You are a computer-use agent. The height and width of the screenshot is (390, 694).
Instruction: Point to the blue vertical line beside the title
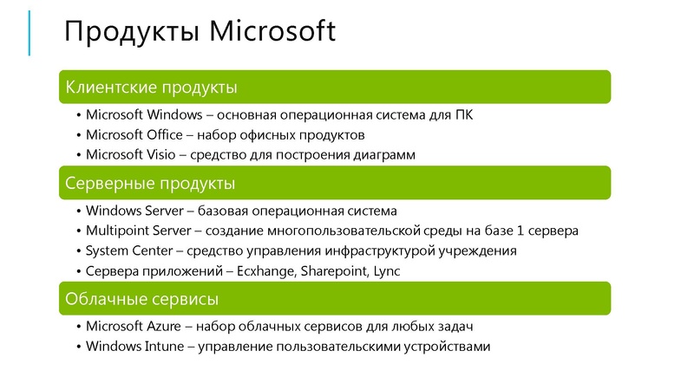(x=29, y=32)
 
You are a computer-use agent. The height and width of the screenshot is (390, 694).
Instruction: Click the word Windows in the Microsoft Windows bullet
(x=173, y=115)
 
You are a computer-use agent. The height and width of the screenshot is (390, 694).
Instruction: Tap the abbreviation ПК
(x=463, y=115)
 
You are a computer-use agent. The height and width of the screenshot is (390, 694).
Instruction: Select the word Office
(x=164, y=135)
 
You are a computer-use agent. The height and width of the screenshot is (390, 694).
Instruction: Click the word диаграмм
(x=384, y=155)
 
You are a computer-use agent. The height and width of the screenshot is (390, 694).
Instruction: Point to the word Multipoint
(x=117, y=231)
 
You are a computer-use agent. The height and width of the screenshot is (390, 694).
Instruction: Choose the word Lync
(x=387, y=271)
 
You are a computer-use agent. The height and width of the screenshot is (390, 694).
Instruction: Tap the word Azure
(x=165, y=327)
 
